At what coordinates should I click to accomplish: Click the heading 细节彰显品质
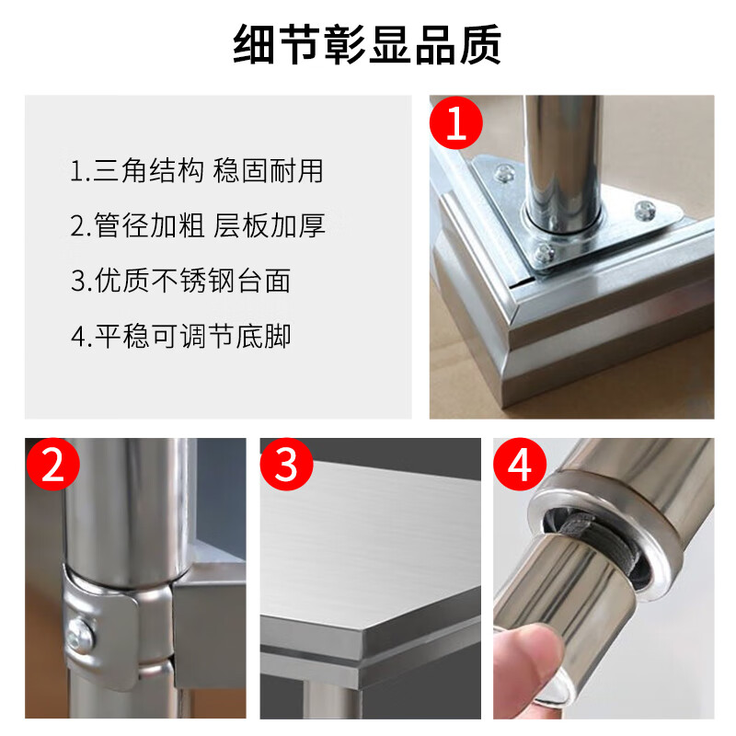(367, 43)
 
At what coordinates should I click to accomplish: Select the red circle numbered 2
(52, 466)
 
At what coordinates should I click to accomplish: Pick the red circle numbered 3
(287, 466)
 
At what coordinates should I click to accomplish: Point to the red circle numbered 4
(521, 466)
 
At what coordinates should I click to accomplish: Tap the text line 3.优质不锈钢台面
(180, 281)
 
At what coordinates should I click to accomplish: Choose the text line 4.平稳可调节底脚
(180, 336)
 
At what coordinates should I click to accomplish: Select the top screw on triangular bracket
(505, 171)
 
